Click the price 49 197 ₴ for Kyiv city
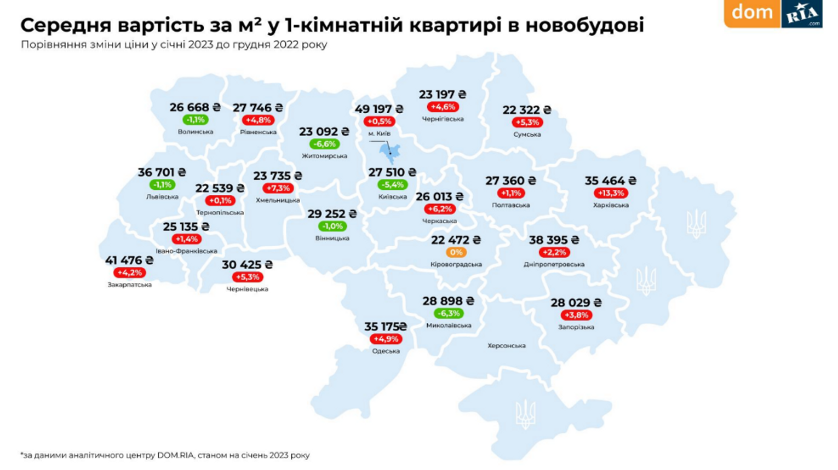pos(378,109)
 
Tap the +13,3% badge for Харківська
pos(610,193)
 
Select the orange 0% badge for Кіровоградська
pos(456,252)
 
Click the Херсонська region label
pos(507,346)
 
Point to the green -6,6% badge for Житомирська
pos(324,144)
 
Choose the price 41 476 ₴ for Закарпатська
pos(129,260)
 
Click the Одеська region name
pos(386,351)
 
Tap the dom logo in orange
pos(752,12)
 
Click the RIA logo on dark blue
pos(802,13)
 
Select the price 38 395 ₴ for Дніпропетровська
pos(554,240)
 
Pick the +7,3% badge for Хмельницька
pos(278,188)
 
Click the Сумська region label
pos(527,135)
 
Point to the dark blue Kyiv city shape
pos(391,153)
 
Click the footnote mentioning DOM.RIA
pos(165,455)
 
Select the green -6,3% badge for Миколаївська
pos(449,314)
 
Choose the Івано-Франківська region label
pos(186,251)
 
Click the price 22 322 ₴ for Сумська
pos(527,110)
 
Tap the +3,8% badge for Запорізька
pos(576,315)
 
